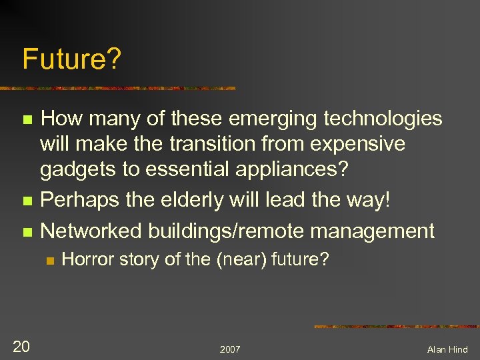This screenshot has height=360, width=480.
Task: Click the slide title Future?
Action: tap(72, 60)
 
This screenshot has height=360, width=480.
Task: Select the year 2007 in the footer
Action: tap(230, 349)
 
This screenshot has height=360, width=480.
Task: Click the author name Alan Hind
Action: tap(447, 349)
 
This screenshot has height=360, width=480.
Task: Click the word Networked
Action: tap(92, 231)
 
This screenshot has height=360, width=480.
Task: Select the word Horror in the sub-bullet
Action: tap(83, 259)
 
